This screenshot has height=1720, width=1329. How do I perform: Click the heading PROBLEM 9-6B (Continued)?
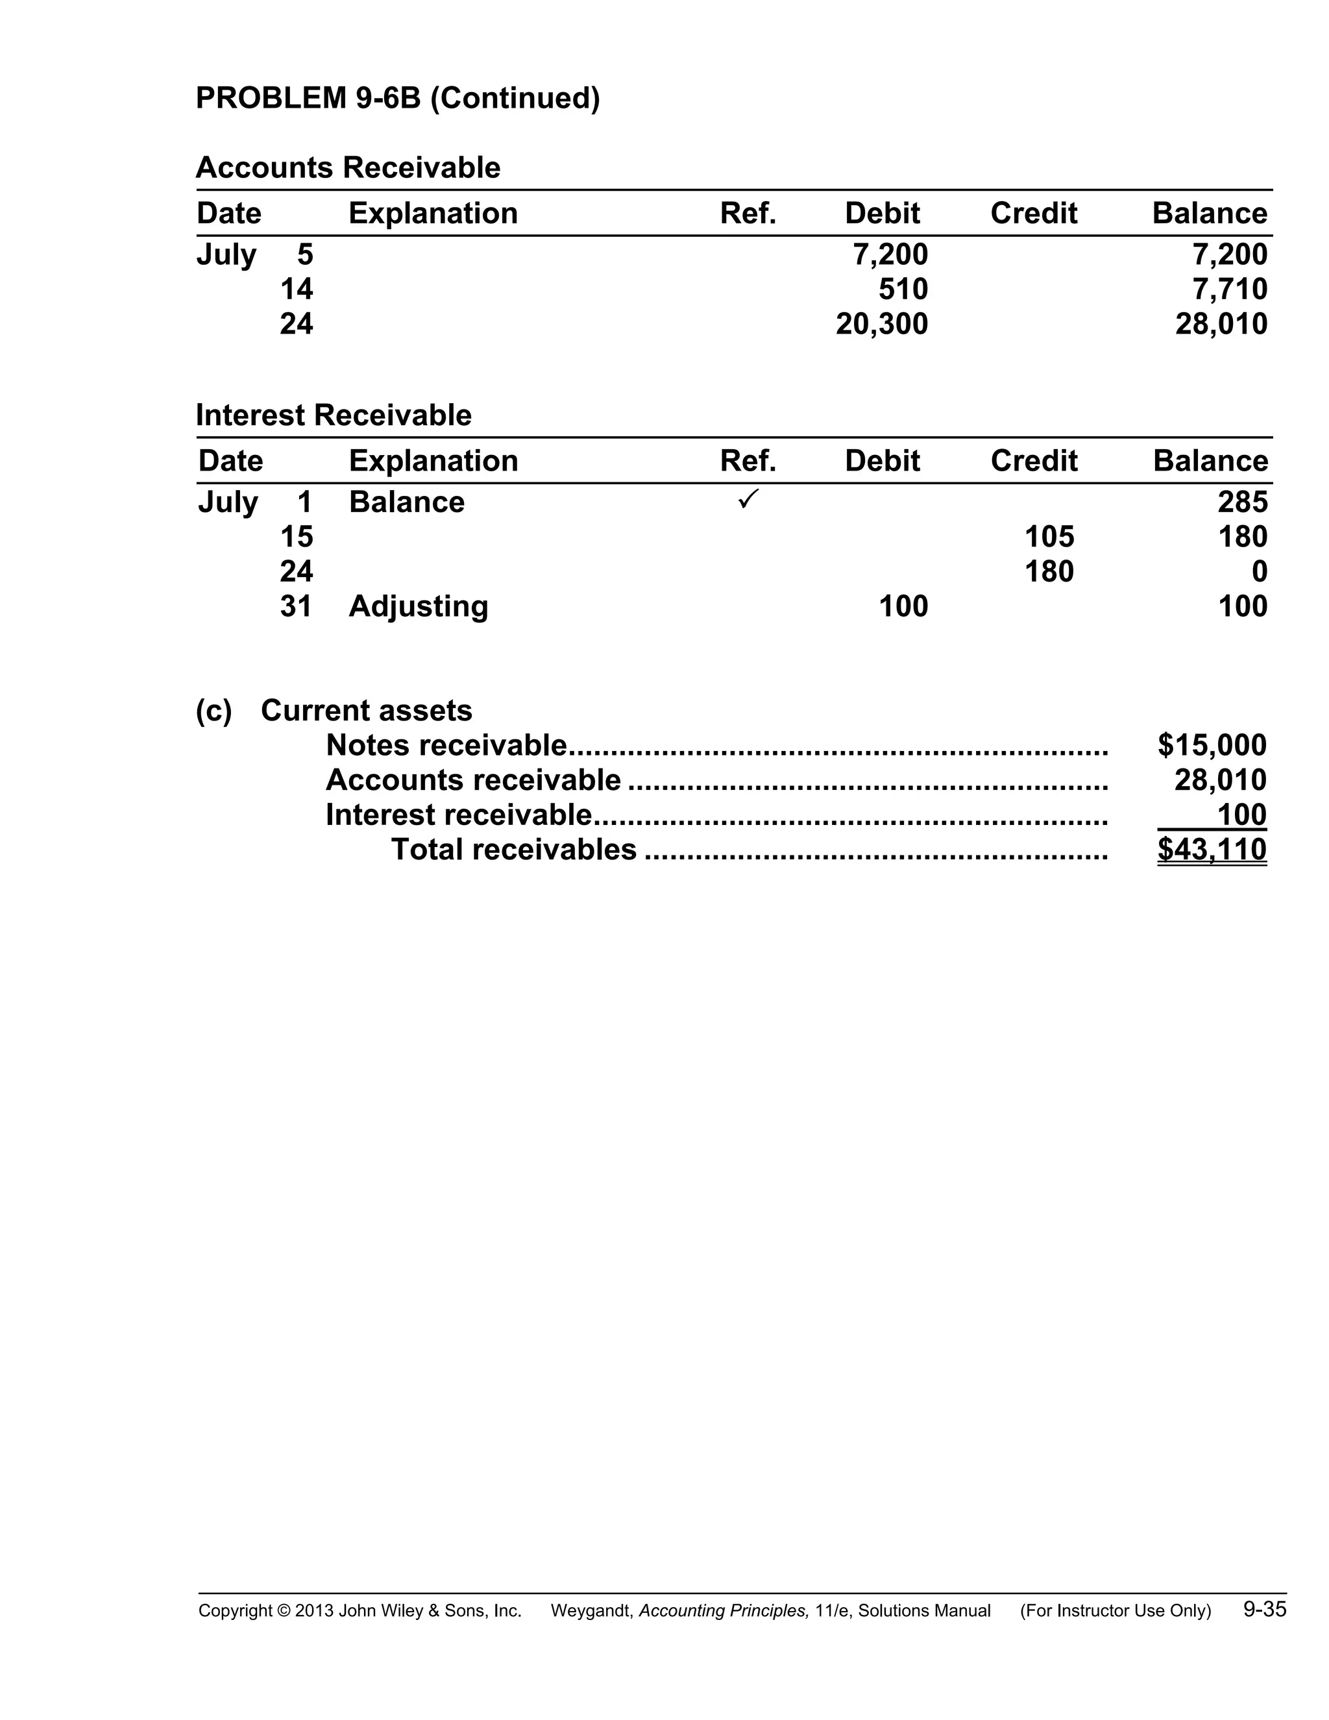(398, 99)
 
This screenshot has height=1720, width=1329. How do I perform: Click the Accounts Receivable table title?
(348, 167)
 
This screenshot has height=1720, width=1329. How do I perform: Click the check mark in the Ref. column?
(748, 498)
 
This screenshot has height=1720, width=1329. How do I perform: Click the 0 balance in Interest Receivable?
(1259, 572)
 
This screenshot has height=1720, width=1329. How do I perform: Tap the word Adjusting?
(418, 606)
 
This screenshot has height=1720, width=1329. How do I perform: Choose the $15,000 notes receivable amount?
(1212, 745)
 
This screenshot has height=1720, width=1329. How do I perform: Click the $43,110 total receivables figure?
(1212, 850)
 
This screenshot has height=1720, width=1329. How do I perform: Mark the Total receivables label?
(513, 850)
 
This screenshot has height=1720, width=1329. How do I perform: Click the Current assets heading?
(366, 710)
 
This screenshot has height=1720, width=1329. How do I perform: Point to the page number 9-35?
(1265, 1609)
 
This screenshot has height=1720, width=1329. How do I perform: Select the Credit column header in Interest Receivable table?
(1033, 461)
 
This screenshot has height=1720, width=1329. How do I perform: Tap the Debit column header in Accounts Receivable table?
(882, 214)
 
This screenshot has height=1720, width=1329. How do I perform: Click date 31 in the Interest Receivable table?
(296, 606)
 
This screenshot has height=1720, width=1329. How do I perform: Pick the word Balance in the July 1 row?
(406, 502)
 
